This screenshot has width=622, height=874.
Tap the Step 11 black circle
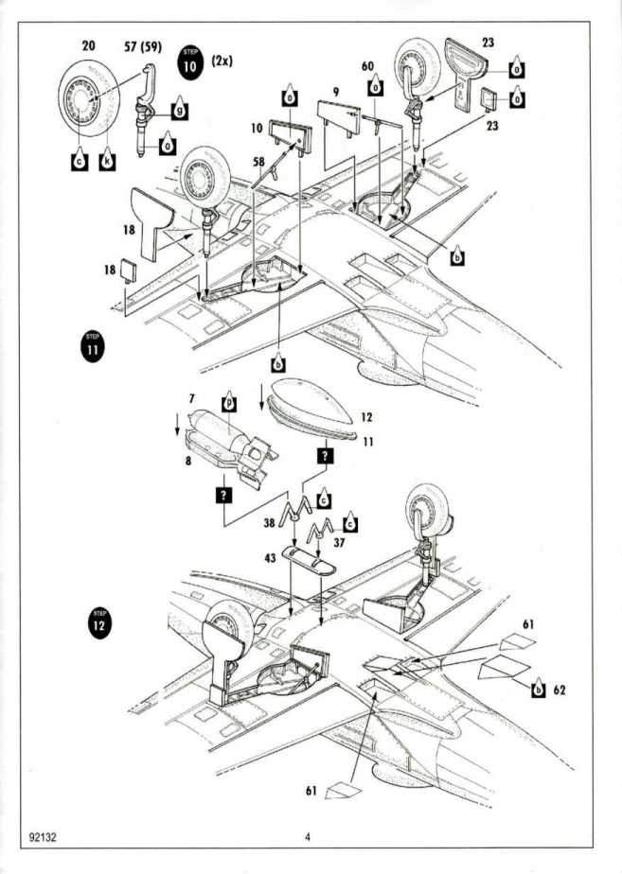(91, 347)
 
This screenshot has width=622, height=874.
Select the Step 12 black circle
(98, 626)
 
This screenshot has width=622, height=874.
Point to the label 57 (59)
(143, 46)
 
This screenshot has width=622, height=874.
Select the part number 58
(258, 163)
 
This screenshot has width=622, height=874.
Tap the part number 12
(366, 416)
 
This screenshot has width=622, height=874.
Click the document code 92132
(45, 837)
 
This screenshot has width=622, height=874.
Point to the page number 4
(308, 837)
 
